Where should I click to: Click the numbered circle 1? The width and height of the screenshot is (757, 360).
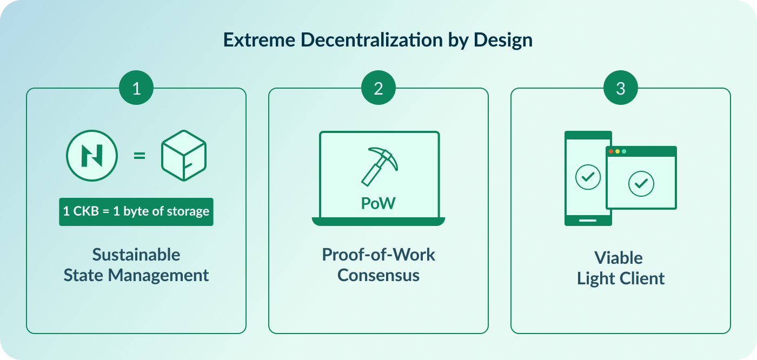(136, 88)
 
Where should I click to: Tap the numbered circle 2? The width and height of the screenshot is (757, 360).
(378, 88)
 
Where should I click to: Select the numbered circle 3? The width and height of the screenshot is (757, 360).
(621, 88)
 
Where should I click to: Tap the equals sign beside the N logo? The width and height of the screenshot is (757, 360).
(140, 156)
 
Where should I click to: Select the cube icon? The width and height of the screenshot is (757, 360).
(184, 156)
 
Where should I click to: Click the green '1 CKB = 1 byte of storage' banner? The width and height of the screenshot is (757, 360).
(136, 211)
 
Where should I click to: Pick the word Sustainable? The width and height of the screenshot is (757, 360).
(136, 254)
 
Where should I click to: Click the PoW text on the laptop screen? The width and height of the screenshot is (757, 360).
(378, 204)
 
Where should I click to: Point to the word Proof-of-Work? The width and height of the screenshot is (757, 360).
(378, 254)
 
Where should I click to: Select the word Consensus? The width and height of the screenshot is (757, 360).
(378, 275)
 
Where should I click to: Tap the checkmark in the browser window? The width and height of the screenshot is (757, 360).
(641, 184)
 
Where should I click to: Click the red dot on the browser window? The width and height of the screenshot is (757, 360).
(612, 151)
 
